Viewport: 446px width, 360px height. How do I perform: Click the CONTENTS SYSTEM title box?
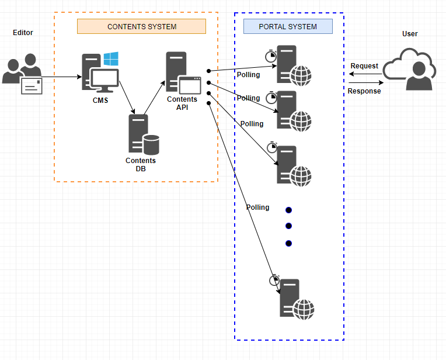coord(141,26)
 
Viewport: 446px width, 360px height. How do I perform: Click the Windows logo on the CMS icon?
coord(111,58)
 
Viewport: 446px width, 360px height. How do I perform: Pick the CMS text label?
coord(100,100)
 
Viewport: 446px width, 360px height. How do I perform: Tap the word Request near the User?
coord(364,66)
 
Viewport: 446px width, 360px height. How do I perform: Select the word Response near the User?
coord(364,91)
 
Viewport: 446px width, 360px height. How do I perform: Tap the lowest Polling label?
coord(257,207)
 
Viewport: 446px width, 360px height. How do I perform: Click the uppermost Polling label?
coord(249,75)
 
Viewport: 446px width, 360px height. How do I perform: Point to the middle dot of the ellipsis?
coord(288,226)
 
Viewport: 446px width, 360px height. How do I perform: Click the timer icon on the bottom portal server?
coord(274,280)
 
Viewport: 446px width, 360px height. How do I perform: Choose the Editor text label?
coord(23,33)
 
